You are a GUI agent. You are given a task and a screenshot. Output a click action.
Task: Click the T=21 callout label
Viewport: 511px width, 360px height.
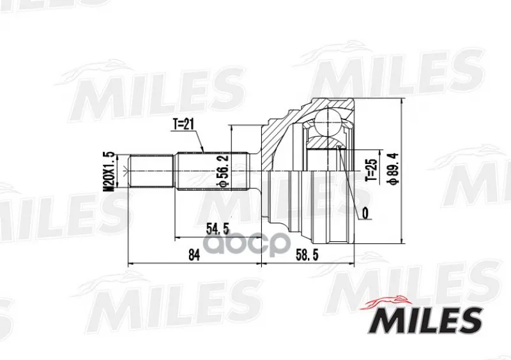tap(183, 124)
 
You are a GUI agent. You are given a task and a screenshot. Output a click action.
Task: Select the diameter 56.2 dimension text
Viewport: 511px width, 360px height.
tap(223, 170)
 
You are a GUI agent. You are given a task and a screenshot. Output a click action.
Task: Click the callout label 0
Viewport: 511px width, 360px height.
tap(365, 213)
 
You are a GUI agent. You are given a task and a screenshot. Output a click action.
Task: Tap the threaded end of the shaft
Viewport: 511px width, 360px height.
tap(151, 170)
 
